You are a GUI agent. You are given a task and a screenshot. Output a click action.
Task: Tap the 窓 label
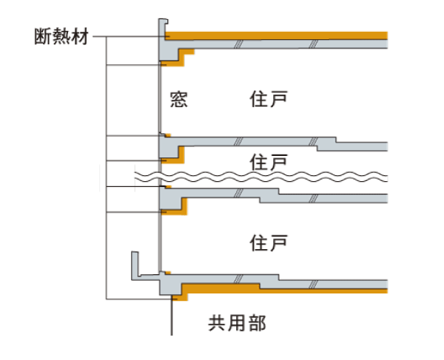(178, 99)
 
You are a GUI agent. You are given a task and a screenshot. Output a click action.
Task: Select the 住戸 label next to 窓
(268, 99)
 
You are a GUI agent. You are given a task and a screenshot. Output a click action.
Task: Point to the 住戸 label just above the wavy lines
(268, 160)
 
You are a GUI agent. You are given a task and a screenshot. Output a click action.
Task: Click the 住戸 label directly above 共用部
(268, 242)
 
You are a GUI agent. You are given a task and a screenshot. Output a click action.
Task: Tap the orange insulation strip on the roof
(281, 35)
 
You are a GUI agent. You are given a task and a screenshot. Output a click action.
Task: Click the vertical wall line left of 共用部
(172, 318)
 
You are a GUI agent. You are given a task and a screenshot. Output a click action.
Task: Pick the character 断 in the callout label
(43, 36)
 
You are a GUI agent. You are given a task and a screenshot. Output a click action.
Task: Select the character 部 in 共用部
(256, 322)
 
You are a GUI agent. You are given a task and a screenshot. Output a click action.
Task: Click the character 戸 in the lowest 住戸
(277, 242)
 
